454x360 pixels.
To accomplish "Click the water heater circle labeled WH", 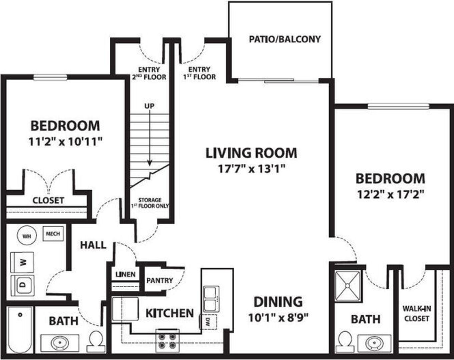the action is pos(27,236).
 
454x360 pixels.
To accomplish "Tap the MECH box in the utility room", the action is pos(53,234).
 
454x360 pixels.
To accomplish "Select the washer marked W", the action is pos(22,262).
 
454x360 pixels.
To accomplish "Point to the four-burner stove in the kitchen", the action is pos(167,341).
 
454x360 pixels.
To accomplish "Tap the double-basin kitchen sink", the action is pos(211,299).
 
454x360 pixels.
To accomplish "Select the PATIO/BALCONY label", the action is pos(285,39).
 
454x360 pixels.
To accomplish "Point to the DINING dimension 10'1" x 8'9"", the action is pos(278,317).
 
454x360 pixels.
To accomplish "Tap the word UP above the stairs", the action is pos(149,106).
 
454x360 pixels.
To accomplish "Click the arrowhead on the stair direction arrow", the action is pos(149,163).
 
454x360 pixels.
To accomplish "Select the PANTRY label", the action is pos(160,280).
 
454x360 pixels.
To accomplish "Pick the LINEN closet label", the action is pos(125,274).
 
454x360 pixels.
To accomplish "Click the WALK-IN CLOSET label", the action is pos(417,314).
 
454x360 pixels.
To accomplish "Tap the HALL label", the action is pos(93,245).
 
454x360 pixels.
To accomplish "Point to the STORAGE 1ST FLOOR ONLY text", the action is pos(150,203).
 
